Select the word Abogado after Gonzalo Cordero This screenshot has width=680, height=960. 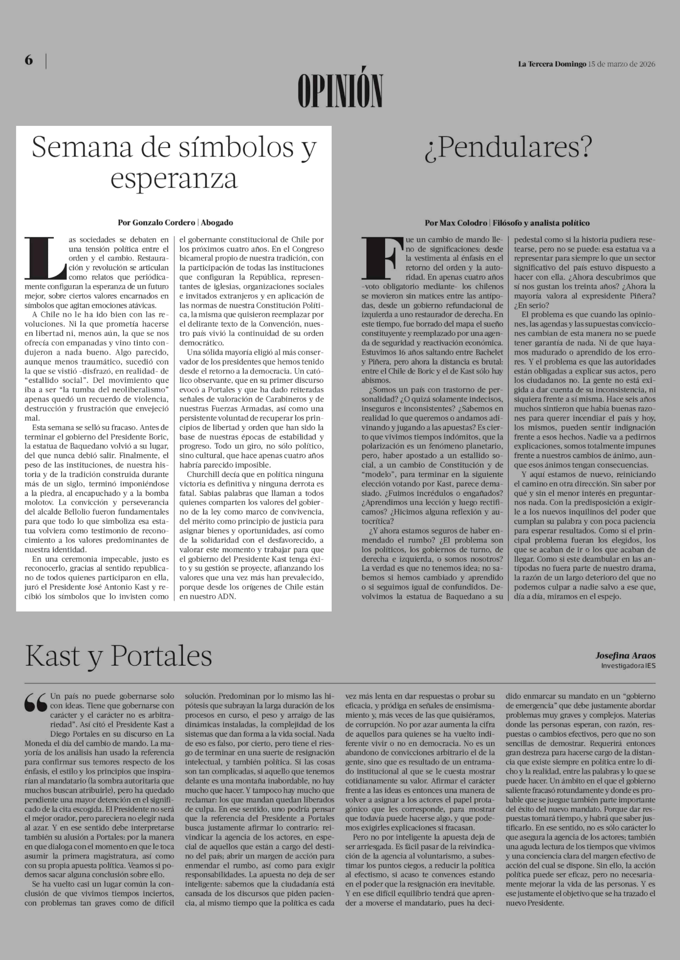tap(217, 222)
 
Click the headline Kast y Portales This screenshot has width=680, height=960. tap(118, 656)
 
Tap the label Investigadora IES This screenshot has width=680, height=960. tap(628, 665)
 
